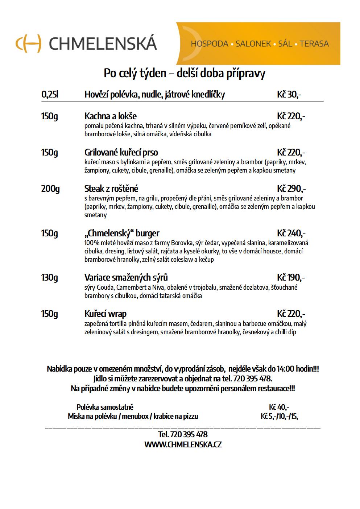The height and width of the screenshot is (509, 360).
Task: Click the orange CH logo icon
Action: [x=28, y=44]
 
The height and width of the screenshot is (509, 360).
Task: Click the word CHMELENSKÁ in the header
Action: [x=103, y=44]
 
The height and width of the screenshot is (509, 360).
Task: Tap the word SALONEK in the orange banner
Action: [x=253, y=44]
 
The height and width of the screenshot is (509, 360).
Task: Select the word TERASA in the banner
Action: [x=314, y=44]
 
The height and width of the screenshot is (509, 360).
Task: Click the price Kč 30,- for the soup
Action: [x=289, y=95]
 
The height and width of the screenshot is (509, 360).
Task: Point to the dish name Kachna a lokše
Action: [x=111, y=116]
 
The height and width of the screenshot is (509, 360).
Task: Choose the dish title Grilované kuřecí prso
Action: [x=121, y=152]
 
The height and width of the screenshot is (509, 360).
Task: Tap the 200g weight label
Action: [x=50, y=189]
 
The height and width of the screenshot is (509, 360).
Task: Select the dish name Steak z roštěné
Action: [x=111, y=189]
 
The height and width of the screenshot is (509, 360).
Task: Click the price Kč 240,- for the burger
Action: [x=291, y=233]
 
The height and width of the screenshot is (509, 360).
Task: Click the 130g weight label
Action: [x=50, y=278]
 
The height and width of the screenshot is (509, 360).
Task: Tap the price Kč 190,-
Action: [x=291, y=278]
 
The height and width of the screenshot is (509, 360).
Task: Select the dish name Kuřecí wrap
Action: [x=105, y=314]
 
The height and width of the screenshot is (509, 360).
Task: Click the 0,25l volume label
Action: [x=50, y=95]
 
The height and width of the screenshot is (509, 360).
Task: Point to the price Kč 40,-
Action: [x=279, y=407]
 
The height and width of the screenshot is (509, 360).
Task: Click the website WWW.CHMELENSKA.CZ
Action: [x=183, y=444]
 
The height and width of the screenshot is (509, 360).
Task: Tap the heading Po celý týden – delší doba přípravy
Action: [x=185, y=73]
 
